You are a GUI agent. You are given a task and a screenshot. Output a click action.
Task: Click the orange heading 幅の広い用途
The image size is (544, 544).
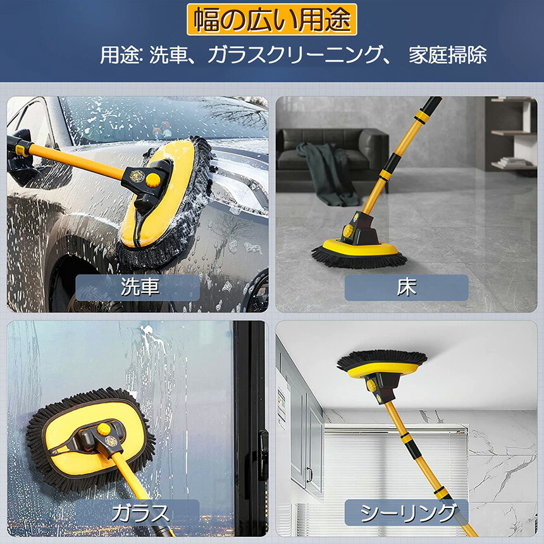pos(272,20)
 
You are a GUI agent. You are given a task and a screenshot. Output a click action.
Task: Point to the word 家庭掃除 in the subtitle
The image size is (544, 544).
pos(448,55)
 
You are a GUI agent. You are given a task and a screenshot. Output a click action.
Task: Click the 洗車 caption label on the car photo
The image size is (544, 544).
pos(138,288)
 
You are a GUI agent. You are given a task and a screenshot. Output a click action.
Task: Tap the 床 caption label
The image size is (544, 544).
pos(406,288)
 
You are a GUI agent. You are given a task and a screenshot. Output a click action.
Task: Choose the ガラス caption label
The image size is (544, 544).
pos(138,513)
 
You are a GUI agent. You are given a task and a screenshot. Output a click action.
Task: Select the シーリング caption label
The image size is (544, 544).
pos(406,513)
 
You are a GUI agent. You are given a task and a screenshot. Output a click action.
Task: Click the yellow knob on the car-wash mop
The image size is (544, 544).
pos(153,180)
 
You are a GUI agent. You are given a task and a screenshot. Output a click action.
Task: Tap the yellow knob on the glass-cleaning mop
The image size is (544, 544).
pos(104,429)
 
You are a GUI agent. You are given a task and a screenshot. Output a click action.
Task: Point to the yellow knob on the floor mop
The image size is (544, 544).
pos(348,231)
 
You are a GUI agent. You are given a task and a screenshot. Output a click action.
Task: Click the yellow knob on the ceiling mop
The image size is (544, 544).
pos(371,385)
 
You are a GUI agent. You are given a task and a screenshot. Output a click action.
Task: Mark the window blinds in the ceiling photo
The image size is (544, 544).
pos(396,464)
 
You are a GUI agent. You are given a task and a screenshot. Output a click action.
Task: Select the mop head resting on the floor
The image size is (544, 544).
pos(359,253)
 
